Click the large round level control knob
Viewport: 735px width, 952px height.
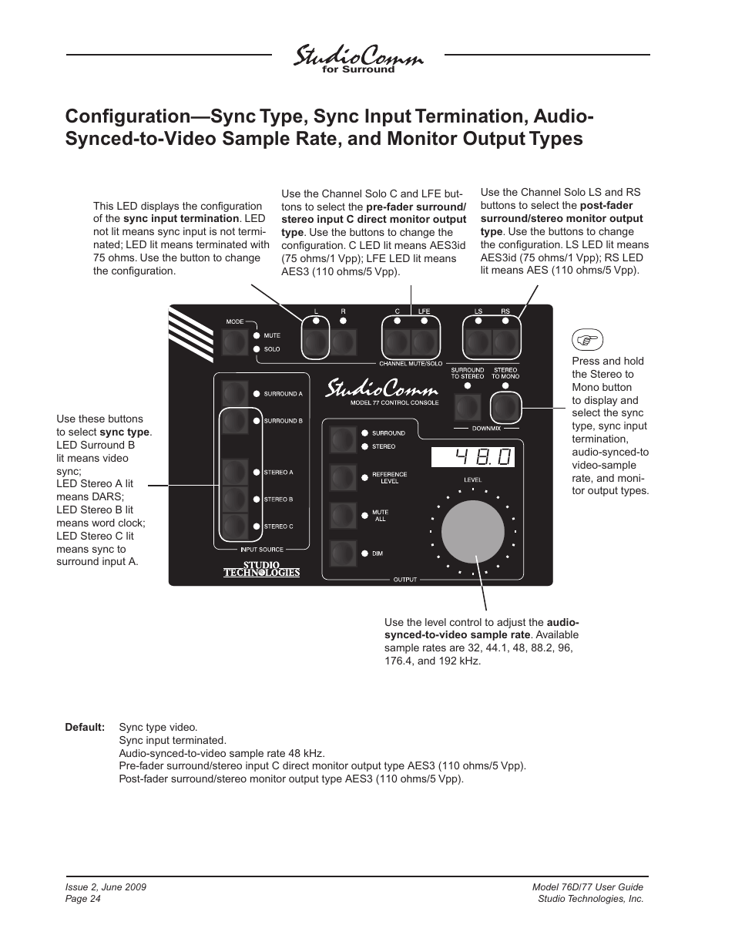tap(472, 533)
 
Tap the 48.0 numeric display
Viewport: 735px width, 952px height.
tap(472, 457)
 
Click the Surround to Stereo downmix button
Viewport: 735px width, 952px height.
tap(467, 406)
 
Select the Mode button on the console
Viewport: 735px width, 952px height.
tap(235, 341)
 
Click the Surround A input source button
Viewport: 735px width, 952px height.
tap(234, 393)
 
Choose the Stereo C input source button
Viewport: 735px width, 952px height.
tap(234, 526)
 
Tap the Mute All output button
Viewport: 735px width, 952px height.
tap(342, 515)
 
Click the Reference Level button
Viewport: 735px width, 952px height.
tap(342, 478)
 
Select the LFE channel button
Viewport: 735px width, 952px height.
tap(424, 341)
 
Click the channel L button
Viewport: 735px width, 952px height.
tap(316, 341)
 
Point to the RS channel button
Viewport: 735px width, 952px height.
tap(505, 341)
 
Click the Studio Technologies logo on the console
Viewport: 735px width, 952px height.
tap(261, 569)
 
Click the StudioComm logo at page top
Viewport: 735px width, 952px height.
tap(358, 59)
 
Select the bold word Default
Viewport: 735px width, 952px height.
tap(85, 727)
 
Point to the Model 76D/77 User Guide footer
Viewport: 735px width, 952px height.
tap(587, 887)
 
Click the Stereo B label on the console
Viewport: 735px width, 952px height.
tap(278, 500)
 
